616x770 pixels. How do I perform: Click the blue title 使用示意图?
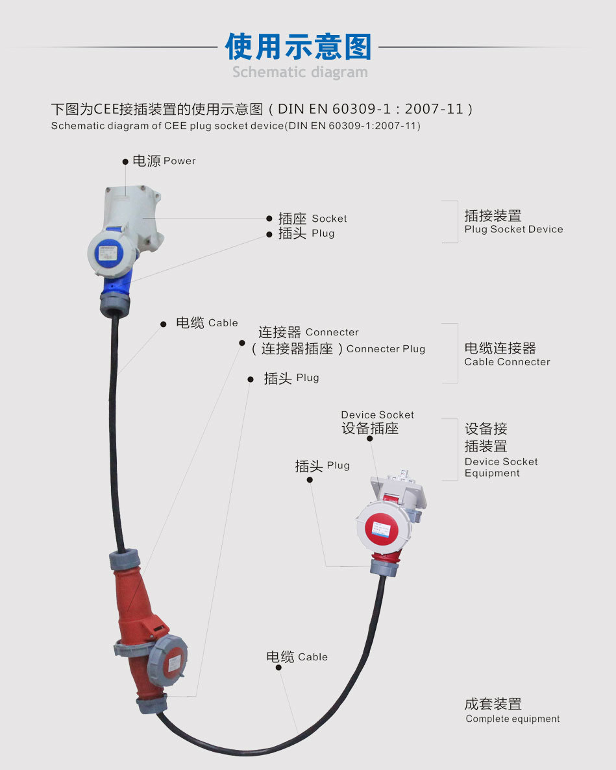tap(299, 47)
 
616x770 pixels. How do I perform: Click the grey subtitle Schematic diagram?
tap(300, 72)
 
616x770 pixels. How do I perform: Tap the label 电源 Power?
tap(164, 161)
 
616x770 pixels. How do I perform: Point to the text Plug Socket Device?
tap(513, 230)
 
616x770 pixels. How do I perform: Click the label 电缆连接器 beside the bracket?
tap(500, 348)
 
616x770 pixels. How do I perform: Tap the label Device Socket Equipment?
tap(500, 467)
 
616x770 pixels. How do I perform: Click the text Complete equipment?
tap(512, 719)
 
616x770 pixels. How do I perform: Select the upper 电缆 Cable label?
tap(206, 322)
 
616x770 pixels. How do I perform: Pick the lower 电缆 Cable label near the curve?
tap(297, 656)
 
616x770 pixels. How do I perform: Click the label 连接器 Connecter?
tap(308, 332)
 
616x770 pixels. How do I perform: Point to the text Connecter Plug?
tap(386, 349)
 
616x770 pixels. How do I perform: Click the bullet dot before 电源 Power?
tap(125, 162)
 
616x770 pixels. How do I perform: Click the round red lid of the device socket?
tap(381, 525)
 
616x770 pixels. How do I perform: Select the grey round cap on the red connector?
tap(168, 660)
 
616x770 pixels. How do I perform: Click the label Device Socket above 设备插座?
tap(377, 415)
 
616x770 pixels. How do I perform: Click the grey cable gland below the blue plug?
tap(114, 304)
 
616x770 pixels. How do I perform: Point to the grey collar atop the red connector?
tap(125, 559)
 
